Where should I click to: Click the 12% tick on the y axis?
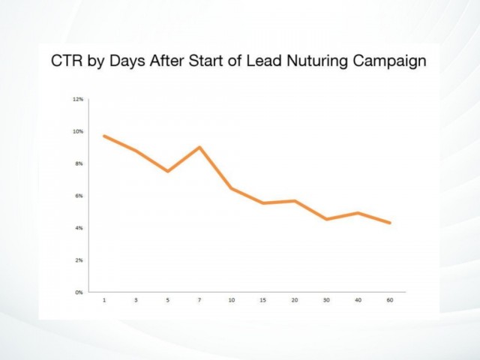78,99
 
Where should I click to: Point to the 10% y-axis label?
78,131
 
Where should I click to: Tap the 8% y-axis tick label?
79,163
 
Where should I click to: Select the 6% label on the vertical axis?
79,196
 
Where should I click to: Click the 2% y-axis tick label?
79,260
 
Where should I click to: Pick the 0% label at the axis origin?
79,292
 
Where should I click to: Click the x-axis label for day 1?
104,300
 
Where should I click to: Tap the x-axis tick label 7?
199,300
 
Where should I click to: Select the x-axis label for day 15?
263,300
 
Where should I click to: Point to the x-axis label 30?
326,300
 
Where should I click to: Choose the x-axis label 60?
390,300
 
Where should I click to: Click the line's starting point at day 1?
104,136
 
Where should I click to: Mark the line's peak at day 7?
199,147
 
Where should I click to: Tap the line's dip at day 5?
168,171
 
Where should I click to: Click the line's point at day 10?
232,188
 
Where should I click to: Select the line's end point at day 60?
390,223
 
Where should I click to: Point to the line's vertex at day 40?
358,213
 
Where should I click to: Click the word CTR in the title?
67,61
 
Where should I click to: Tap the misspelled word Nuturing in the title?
316,61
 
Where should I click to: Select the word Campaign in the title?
389,61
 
